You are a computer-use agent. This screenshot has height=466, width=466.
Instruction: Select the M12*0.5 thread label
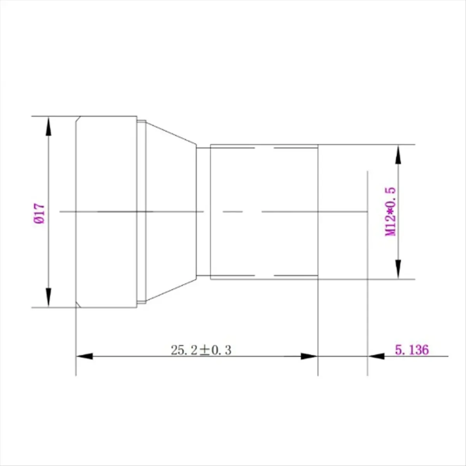point(390,211)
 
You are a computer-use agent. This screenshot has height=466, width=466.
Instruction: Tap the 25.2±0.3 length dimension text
point(201,350)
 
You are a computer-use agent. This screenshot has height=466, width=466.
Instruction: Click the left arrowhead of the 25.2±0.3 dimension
point(84,356)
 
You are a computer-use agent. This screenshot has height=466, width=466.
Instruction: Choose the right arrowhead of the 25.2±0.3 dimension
point(309,356)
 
